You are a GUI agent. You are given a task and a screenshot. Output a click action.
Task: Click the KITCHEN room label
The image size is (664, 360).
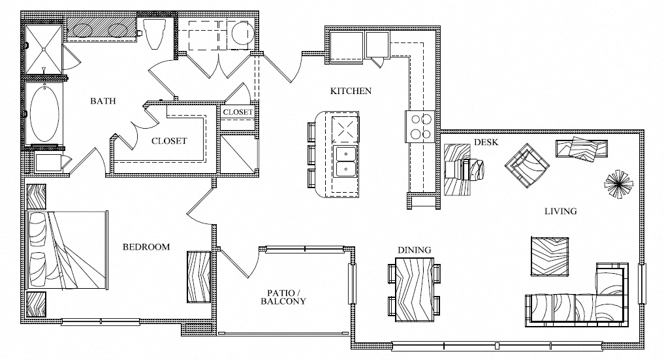[x=351, y=91]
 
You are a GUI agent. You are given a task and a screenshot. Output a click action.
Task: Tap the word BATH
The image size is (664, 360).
[x=103, y=101]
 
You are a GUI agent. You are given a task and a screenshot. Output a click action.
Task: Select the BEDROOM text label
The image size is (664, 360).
[x=146, y=247]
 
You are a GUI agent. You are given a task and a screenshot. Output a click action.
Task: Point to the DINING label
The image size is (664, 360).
[x=414, y=250]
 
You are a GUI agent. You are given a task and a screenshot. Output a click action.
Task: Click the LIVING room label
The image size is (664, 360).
[x=560, y=211]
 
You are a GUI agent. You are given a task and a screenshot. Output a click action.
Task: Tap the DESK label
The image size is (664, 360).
[x=486, y=142]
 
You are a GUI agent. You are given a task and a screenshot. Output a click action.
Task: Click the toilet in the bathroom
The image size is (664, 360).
[x=152, y=34]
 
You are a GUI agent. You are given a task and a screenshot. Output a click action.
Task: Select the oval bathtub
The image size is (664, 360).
[x=44, y=113]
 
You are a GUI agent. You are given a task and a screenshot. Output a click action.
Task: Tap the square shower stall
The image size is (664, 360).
[x=44, y=49]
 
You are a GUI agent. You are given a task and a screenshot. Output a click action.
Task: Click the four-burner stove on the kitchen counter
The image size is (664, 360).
[x=420, y=126]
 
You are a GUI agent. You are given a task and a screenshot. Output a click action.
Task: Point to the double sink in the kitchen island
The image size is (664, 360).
[x=345, y=161]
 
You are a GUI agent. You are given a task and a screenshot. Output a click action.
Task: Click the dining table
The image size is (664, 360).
[x=415, y=289]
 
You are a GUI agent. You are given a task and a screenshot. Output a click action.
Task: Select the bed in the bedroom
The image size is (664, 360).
[x=66, y=250]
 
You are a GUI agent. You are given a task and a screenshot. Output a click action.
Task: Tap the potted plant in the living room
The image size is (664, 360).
[x=619, y=183]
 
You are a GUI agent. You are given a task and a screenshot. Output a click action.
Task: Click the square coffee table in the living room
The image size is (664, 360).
[x=550, y=257]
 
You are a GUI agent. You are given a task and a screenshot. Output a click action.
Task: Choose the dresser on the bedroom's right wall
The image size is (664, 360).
[x=198, y=277]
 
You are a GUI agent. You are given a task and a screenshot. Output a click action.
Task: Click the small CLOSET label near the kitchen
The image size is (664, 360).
[x=238, y=112]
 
